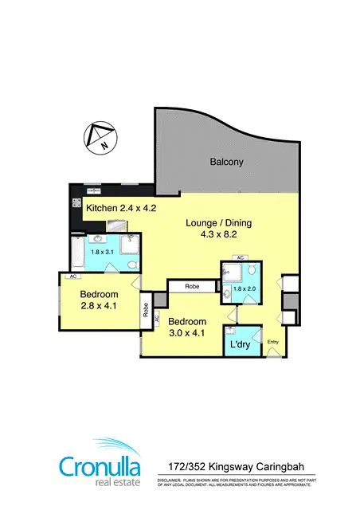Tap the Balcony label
(226, 162)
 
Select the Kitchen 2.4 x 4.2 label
(121, 208)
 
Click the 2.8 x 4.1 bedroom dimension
(99, 304)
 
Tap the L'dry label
(241, 345)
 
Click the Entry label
(274, 343)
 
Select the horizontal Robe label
(192, 284)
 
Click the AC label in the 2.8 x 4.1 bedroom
(72, 277)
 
